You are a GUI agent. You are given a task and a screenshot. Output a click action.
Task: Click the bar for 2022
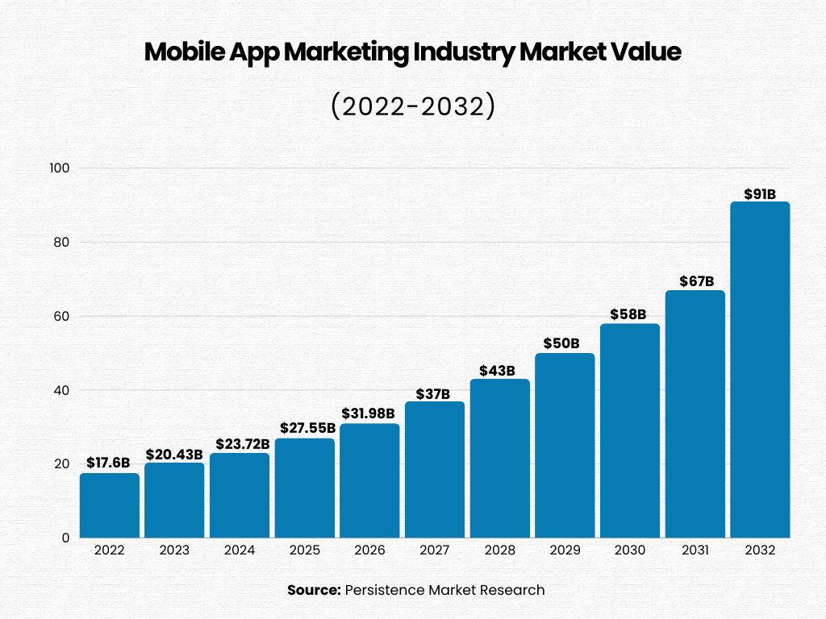click(109, 505)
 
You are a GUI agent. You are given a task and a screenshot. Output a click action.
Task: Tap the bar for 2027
click(434, 469)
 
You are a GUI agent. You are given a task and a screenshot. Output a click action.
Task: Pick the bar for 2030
click(629, 430)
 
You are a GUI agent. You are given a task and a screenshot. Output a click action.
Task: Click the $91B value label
click(760, 193)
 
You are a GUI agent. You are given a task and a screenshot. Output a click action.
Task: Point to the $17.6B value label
click(109, 463)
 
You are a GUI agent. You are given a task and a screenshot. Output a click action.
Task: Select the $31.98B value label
click(369, 413)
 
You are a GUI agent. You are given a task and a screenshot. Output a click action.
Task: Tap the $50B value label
click(564, 343)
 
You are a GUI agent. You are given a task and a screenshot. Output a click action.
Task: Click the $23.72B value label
click(239, 444)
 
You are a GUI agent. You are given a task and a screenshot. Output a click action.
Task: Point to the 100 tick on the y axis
click(60, 168)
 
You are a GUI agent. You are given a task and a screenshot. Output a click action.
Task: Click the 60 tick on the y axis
click(62, 316)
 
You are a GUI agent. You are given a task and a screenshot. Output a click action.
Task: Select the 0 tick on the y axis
click(66, 538)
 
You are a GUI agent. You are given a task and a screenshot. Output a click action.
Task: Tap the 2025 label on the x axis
click(304, 550)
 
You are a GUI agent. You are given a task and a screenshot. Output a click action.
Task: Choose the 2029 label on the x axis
click(564, 550)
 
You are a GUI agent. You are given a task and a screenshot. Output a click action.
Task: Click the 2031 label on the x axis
click(695, 550)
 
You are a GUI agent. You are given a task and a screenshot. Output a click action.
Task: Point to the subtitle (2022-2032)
click(412, 106)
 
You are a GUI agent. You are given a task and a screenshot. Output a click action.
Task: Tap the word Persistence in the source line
click(383, 590)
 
